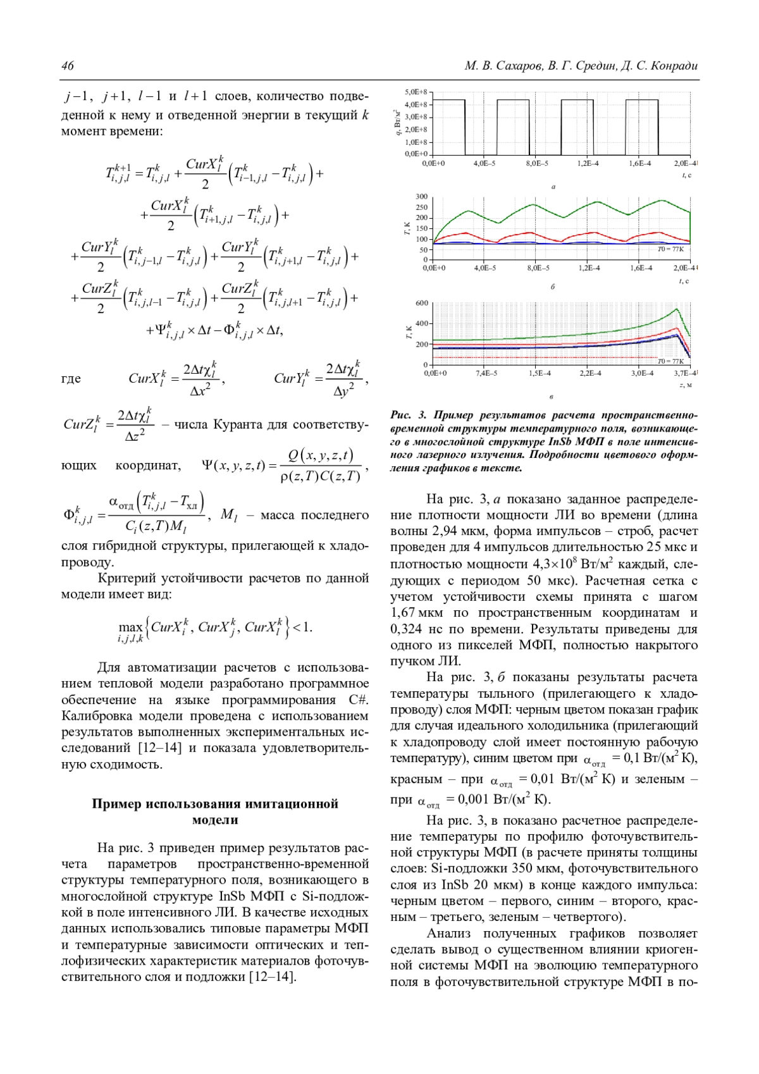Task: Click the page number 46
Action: (68, 66)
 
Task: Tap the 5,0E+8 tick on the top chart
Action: (416, 92)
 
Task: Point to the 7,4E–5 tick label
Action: (486, 373)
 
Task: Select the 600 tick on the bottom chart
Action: (422, 304)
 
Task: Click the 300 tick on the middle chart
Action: (422, 197)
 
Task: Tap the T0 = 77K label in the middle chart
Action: (670, 249)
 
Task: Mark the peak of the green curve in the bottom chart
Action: (677, 309)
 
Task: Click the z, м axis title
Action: (686, 385)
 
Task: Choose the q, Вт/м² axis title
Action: (397, 123)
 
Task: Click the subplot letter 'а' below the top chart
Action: (553, 187)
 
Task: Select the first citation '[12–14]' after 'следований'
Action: (159, 748)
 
